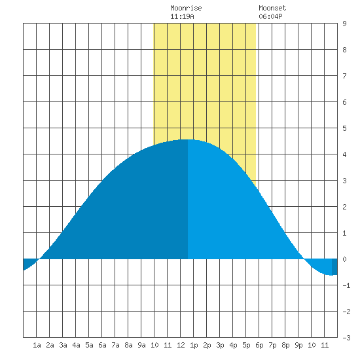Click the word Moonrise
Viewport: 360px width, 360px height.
click(186, 8)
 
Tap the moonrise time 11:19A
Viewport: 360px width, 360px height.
click(182, 16)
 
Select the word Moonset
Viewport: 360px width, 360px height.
click(272, 8)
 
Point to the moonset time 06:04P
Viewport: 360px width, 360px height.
click(270, 16)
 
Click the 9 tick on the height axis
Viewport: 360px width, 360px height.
click(344, 24)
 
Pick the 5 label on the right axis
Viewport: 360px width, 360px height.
click(344, 128)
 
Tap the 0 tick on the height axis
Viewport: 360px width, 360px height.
click(344, 259)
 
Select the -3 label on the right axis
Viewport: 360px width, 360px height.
click(346, 338)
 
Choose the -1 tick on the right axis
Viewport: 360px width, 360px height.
click(346, 285)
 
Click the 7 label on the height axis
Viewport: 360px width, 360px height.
click(344, 76)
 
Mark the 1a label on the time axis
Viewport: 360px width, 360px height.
click(37, 345)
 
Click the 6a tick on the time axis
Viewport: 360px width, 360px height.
click(102, 345)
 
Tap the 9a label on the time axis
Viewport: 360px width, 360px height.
click(141, 345)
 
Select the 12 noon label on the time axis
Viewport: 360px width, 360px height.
click(181, 345)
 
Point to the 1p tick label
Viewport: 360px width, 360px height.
click(194, 345)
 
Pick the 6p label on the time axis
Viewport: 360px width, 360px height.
click(259, 345)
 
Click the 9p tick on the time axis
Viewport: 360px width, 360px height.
click(298, 345)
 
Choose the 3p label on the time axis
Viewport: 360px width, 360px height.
click(220, 345)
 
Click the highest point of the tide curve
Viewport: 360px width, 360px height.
click(188, 139)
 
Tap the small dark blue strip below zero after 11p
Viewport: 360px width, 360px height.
click(334, 267)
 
